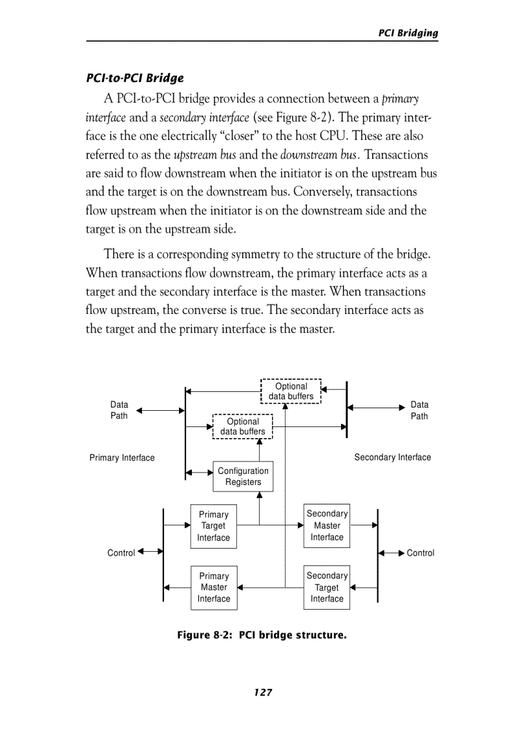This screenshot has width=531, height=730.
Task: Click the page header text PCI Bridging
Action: [x=408, y=33]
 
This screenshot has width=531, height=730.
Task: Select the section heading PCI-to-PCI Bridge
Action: [x=135, y=78]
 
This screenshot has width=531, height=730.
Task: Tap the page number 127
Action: [x=263, y=692]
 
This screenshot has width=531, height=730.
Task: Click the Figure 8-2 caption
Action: [x=262, y=634]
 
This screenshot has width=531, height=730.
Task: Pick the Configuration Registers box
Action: [x=243, y=476]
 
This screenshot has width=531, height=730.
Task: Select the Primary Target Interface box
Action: [x=213, y=526]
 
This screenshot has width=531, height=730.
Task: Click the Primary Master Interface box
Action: [x=213, y=588]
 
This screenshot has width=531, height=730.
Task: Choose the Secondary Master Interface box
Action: [x=327, y=525]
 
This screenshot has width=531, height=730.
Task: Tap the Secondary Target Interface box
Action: [x=327, y=587]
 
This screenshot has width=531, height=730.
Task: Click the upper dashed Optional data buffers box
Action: [x=291, y=391]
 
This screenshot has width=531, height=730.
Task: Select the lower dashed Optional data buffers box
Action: [x=243, y=426]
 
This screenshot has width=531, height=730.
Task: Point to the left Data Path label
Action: [x=119, y=410]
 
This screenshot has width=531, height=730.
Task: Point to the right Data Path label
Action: [x=419, y=410]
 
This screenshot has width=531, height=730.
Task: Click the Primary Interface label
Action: [x=122, y=458]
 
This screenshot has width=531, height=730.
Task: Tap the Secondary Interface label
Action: [x=392, y=457]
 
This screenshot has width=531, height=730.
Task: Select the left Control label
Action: [x=121, y=553]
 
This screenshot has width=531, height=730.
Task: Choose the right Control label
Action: [x=420, y=553]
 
